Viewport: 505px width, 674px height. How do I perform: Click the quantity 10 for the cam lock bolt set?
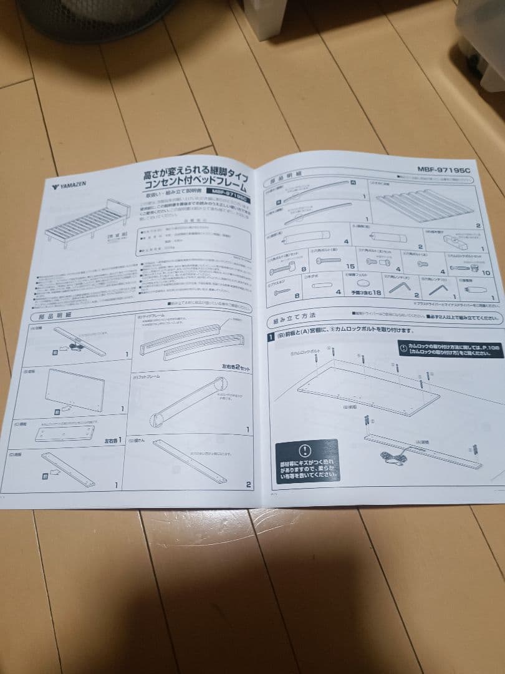pyautogui.click(x=486, y=273)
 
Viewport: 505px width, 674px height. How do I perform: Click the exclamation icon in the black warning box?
pyautogui.click(x=304, y=449)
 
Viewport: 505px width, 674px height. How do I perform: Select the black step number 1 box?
pyautogui.click(x=271, y=338)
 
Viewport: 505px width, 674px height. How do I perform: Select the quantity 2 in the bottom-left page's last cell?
pyautogui.click(x=248, y=484)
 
